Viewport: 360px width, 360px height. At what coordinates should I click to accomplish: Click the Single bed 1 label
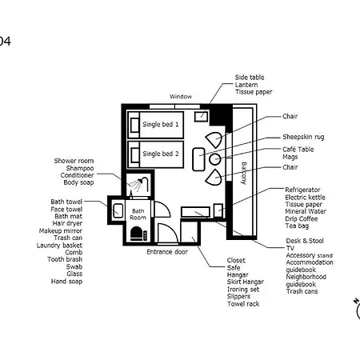tap(161, 124)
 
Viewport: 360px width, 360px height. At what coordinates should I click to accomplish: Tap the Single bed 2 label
tap(161, 154)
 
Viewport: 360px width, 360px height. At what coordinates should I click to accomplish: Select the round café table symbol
tap(214, 159)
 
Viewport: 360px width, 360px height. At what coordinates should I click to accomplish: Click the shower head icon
tap(141, 182)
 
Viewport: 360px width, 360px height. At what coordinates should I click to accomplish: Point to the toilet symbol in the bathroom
tap(136, 234)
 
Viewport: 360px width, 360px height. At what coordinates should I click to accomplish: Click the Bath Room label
tap(138, 214)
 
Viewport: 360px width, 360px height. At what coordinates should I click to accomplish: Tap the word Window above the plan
tap(181, 97)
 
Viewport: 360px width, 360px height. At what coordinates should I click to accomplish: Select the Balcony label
tap(244, 173)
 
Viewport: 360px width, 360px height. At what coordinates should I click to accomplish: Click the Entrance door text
tap(167, 252)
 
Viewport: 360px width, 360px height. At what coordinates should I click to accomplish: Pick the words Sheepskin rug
tap(303, 137)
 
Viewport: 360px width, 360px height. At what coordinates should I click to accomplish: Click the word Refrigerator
tap(302, 190)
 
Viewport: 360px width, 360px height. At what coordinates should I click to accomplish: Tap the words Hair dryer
tap(67, 223)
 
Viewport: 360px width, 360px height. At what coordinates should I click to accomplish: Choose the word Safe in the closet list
tap(234, 268)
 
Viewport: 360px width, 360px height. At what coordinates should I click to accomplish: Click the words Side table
tap(250, 78)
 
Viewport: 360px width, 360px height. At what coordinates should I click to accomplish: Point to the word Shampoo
tap(80, 168)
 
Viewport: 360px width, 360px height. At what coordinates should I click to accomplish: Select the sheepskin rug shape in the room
tap(198, 159)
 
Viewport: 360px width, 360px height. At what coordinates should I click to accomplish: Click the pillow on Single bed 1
tap(134, 125)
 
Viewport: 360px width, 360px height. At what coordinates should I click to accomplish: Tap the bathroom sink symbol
tap(118, 210)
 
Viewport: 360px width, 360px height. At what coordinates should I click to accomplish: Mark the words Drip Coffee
tap(302, 219)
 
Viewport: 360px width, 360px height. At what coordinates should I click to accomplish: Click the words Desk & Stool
tap(305, 241)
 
